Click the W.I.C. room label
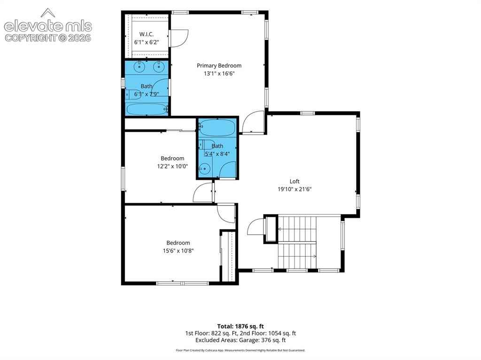pos(147,34)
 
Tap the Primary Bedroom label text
pos(219,66)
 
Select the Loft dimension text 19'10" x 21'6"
pos(295,189)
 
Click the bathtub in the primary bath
pos(147,109)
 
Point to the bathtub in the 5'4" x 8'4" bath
pos(217,128)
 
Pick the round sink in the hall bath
pos(204,169)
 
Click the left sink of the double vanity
pos(140,67)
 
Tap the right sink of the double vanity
pos(159,67)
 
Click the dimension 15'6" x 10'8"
pos(178,251)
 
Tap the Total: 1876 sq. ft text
pos(240,326)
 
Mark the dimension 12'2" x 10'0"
pos(172,167)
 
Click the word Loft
pos(295,181)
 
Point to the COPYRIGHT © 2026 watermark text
pos(48,38)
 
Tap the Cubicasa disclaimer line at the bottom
pos(240,350)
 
